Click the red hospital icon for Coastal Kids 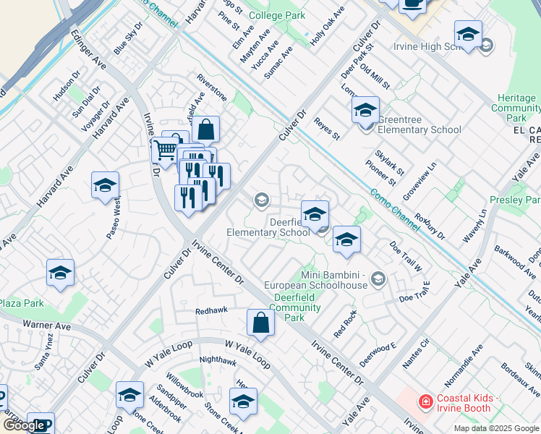click(x=426, y=400)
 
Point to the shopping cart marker click(x=166, y=151)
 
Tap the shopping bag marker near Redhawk click(x=260, y=323)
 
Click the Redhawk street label click(x=211, y=310)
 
